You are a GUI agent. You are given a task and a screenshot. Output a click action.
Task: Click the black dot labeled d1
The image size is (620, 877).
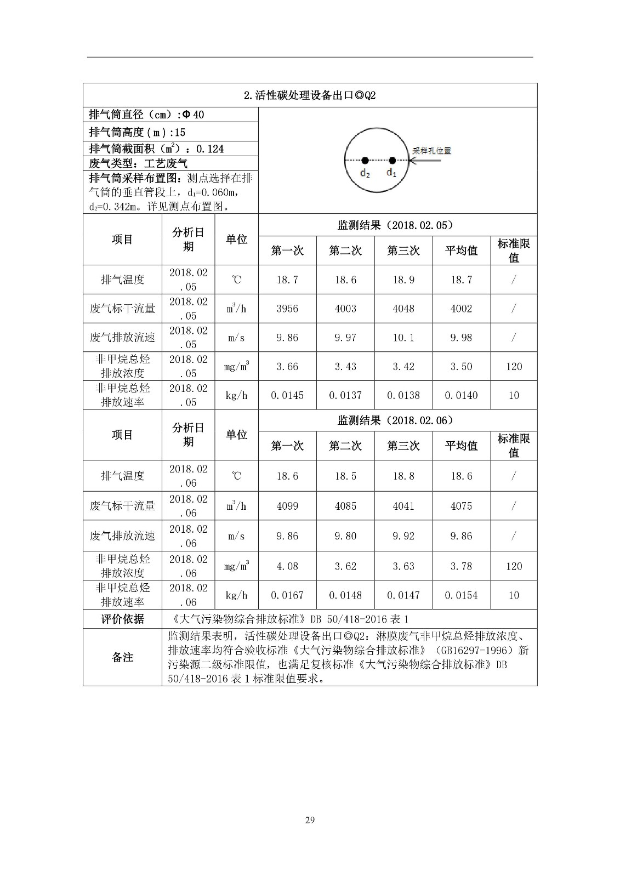pyautogui.click(x=392, y=161)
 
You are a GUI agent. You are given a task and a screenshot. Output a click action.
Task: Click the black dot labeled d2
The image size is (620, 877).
pyautogui.click(x=364, y=161)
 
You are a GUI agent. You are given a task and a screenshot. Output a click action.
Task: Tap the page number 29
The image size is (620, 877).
pyautogui.click(x=310, y=820)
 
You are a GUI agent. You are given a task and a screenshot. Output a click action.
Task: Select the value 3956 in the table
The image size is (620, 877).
pyautogui.click(x=287, y=309)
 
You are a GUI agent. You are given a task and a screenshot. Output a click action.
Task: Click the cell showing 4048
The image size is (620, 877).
pyautogui.click(x=403, y=309)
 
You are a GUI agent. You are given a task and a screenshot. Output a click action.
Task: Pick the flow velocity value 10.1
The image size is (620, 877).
pyautogui.click(x=403, y=338)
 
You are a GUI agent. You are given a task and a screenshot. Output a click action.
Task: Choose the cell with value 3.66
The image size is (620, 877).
pyautogui.click(x=287, y=367)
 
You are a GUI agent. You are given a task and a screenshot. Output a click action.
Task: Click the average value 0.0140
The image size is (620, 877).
pyautogui.click(x=461, y=395)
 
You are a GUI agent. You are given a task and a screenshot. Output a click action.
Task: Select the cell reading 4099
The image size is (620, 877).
pyautogui.click(x=287, y=506)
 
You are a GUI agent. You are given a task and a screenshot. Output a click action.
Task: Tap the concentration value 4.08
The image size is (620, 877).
pyautogui.click(x=287, y=566)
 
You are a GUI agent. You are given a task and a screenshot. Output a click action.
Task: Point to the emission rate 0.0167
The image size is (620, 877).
pyautogui.click(x=287, y=595)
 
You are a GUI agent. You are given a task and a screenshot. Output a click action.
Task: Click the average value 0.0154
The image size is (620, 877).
pyautogui.click(x=461, y=595)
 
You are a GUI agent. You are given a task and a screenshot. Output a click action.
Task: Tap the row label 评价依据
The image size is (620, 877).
pyautogui.click(x=122, y=619)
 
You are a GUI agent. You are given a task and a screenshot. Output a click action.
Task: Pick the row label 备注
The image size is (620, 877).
pyautogui.click(x=122, y=657)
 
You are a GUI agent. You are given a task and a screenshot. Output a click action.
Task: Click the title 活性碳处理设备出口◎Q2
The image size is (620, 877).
pyautogui.click(x=310, y=95)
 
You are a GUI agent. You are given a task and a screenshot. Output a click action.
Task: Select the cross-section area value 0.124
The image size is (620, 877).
pyautogui.click(x=210, y=149)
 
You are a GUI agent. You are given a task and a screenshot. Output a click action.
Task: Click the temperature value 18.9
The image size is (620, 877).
pyautogui.click(x=403, y=280)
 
